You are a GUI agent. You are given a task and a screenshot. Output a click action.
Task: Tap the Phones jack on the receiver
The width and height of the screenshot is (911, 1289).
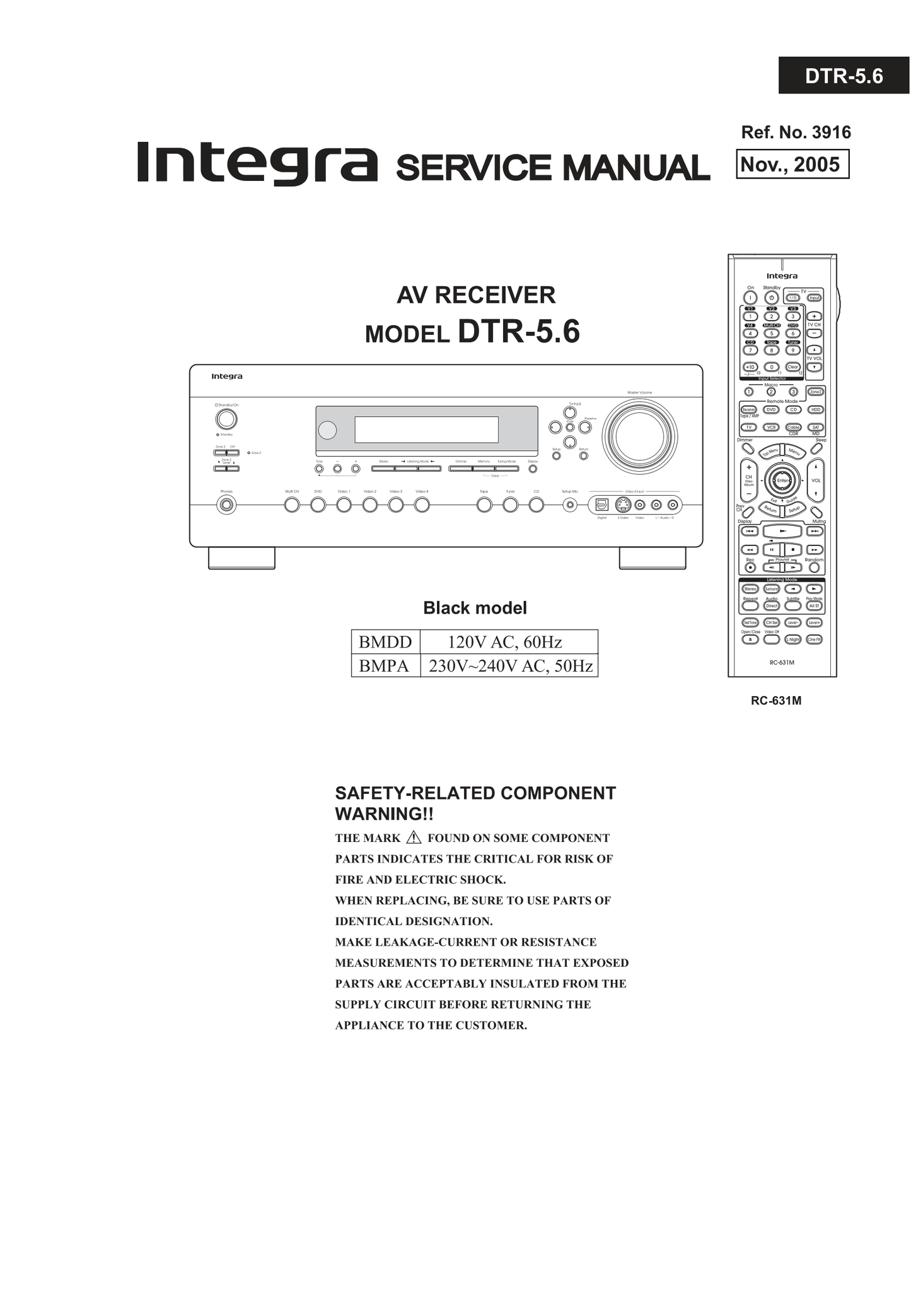226,505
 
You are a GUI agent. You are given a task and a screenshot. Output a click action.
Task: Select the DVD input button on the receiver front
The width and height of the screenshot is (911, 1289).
318,505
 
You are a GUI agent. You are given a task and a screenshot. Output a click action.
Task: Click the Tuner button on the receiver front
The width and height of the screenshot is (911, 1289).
510,505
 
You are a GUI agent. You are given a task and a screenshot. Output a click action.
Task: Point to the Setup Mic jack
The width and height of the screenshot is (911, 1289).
570,505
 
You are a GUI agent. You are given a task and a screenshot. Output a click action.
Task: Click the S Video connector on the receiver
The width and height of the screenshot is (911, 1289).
622,505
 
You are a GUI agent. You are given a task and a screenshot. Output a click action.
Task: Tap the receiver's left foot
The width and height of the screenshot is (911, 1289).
241,558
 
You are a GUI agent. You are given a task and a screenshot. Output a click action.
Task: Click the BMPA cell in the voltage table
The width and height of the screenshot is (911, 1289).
385,666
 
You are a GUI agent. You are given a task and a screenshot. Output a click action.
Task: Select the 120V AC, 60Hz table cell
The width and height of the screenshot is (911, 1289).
505,642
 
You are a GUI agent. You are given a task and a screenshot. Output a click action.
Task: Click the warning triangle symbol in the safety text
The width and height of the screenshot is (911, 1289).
414,837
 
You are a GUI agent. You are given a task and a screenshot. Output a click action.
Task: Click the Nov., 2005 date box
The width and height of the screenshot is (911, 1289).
792,165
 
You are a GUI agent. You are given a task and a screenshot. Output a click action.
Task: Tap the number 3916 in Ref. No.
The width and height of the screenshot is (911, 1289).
831,132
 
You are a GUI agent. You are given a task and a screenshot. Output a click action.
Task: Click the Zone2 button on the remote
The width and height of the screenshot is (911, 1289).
815,392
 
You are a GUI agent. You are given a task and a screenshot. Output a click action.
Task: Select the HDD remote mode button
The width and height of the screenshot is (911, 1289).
816,409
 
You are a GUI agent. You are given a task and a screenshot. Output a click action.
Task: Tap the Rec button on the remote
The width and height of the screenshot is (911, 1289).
750,567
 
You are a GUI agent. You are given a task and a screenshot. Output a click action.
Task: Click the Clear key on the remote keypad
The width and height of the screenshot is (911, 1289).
792,366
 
